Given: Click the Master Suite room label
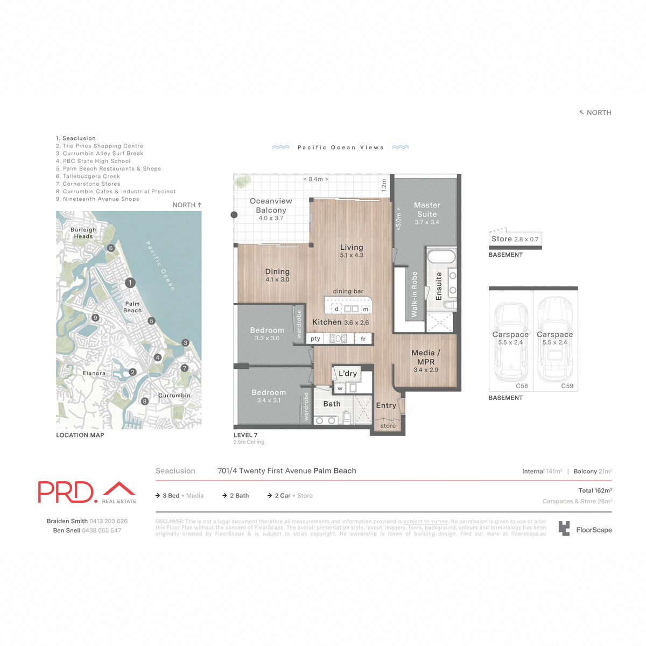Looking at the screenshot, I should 427,210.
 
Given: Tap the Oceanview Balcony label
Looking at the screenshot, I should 271,206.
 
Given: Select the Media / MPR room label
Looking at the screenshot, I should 426,357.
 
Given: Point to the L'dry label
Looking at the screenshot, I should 348,374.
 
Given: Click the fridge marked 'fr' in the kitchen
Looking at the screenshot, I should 363,339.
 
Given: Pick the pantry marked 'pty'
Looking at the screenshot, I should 315,339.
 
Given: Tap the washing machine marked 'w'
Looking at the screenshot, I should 340,388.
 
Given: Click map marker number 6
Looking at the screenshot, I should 111,248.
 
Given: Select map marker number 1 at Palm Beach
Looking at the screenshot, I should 130,283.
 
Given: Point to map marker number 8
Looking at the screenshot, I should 144,401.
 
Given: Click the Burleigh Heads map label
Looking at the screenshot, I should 83,233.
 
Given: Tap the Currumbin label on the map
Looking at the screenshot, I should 174,396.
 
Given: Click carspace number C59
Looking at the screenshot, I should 567,386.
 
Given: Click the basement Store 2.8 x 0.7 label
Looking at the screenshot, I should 515,239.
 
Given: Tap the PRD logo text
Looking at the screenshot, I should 67,491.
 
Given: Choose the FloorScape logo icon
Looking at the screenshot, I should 564,529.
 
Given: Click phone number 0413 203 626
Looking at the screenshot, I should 108,521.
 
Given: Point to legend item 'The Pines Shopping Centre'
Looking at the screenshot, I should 103,146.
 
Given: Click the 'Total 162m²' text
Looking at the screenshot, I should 595,490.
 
